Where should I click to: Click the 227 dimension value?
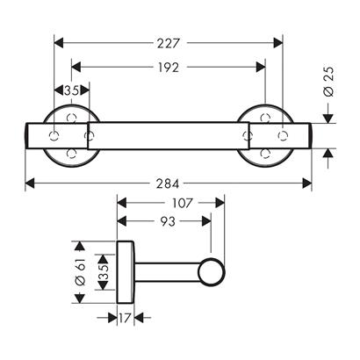[168, 43]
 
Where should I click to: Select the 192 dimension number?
[169, 68]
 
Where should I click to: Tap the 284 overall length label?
[168, 184]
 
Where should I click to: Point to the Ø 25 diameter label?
[328, 82]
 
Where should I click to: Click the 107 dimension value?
[183, 203]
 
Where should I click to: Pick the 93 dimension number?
[168, 221]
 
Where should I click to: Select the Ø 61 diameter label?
[80, 272]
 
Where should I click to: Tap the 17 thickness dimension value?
[125, 318]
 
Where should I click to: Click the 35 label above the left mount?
[72, 90]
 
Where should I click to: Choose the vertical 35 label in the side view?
[104, 272]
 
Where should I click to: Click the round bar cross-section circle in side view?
[212, 272]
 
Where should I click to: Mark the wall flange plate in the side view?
[126, 272]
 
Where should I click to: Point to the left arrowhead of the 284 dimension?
[30, 184]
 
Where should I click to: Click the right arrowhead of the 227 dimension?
[278, 43]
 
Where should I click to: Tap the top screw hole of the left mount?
[71, 119]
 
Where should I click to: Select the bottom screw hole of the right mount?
[265, 154]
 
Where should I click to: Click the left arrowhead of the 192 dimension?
[76, 68]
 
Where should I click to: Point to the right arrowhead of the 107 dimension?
[220, 203]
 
